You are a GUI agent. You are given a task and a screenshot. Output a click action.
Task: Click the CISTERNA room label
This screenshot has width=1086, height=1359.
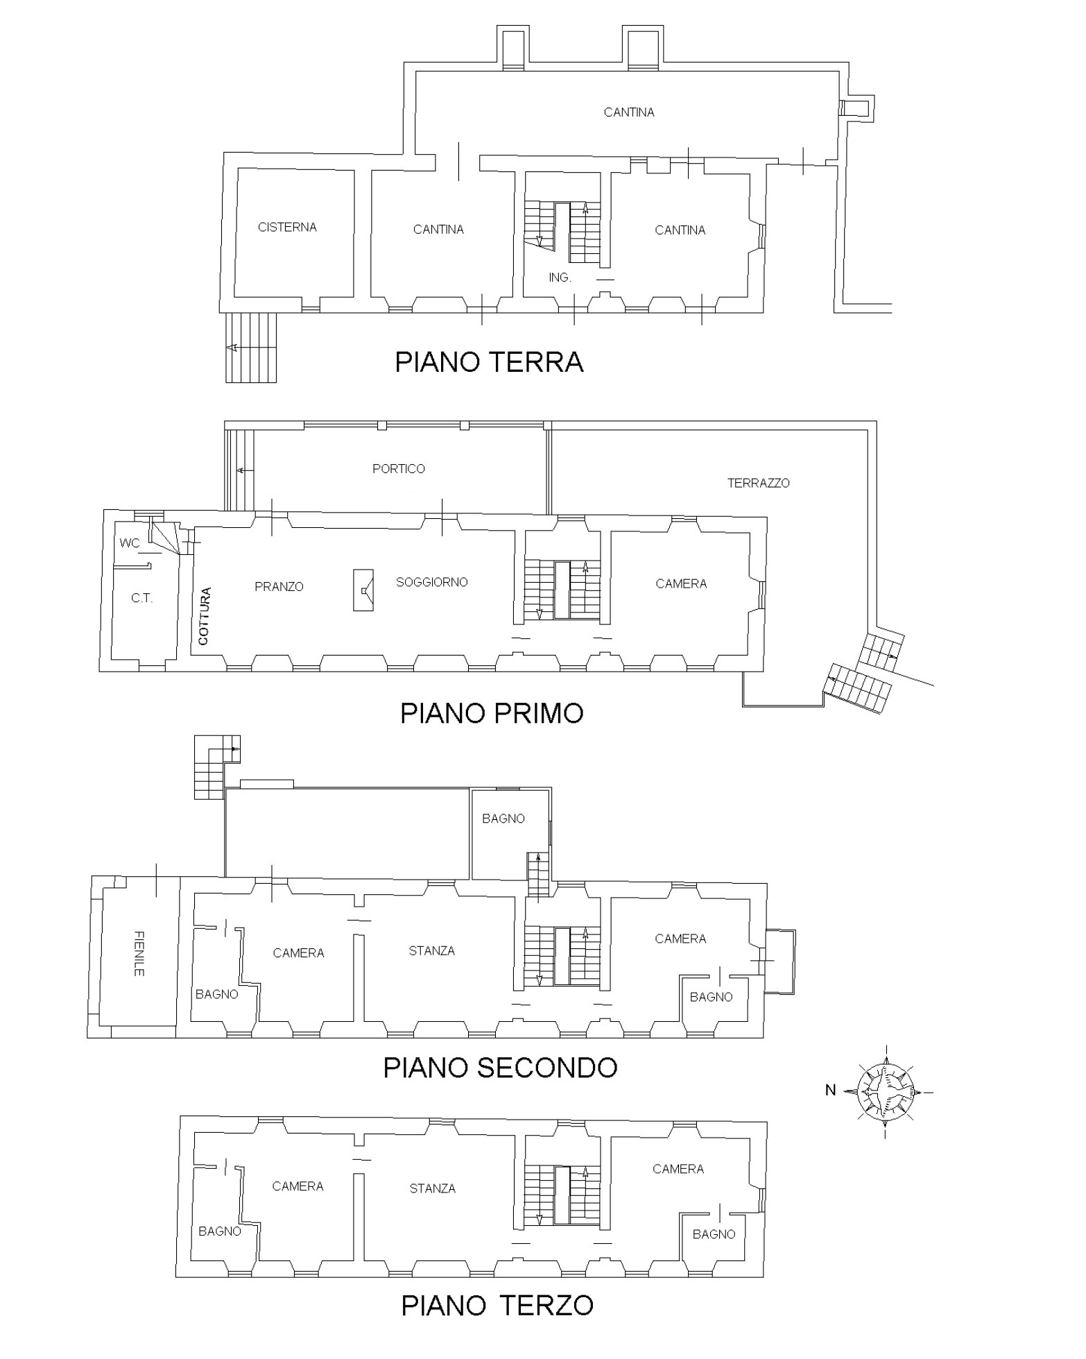(x=287, y=227)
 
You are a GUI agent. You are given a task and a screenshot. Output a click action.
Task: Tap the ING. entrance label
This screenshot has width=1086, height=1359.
(x=560, y=277)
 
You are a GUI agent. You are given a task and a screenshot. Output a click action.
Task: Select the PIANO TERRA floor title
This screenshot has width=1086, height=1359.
(x=489, y=362)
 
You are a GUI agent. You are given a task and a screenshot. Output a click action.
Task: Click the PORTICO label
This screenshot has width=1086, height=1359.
(x=398, y=469)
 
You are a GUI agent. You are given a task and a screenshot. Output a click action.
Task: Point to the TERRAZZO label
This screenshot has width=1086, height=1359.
(x=758, y=483)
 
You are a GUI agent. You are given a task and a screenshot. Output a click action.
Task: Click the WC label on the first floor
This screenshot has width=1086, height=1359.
(x=130, y=542)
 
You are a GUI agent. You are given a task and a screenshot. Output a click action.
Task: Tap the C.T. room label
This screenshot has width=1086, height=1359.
(x=141, y=598)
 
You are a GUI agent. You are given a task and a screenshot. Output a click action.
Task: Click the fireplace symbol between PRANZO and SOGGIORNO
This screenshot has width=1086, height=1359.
(x=363, y=590)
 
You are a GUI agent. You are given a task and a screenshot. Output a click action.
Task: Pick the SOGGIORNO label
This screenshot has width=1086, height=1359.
(x=431, y=583)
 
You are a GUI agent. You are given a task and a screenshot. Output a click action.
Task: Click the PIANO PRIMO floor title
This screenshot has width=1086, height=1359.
(x=492, y=713)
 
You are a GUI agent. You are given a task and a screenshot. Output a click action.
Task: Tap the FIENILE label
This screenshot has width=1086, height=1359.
(x=139, y=954)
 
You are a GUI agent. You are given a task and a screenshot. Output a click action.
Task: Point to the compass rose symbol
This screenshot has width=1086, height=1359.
(x=886, y=1091)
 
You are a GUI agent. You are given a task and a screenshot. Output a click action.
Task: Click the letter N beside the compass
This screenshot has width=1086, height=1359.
(x=830, y=1091)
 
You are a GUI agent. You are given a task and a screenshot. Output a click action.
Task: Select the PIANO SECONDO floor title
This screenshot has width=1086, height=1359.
(x=500, y=1068)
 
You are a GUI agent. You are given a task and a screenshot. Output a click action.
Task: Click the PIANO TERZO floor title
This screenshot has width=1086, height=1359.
(x=497, y=1306)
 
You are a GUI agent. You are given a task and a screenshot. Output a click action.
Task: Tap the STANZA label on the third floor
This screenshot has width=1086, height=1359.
(x=432, y=1189)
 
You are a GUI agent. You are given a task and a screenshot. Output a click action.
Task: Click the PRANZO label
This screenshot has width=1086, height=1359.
(x=279, y=587)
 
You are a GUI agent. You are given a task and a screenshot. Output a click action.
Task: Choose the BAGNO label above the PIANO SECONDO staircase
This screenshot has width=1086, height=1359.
(x=503, y=819)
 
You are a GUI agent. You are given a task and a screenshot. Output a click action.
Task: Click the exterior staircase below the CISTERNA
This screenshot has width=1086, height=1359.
(x=251, y=348)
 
